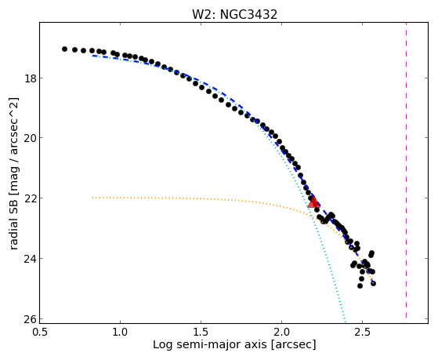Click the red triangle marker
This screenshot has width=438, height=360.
click(313, 202)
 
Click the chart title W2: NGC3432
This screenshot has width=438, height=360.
click(234, 15)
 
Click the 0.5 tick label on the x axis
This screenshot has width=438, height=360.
click(40, 332)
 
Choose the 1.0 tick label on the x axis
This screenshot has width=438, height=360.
click(120, 332)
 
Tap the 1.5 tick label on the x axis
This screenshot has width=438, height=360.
click(201, 332)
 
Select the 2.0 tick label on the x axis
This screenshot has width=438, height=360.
click(281, 332)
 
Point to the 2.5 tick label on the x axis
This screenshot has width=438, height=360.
click(362, 332)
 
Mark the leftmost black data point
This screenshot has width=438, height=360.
click(64, 49)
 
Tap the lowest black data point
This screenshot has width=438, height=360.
click(360, 285)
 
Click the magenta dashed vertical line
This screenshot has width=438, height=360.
click(406, 170)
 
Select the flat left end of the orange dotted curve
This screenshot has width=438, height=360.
click(92, 198)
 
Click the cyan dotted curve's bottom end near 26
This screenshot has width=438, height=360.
click(346, 321)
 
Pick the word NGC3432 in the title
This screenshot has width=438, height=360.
click(249, 15)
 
